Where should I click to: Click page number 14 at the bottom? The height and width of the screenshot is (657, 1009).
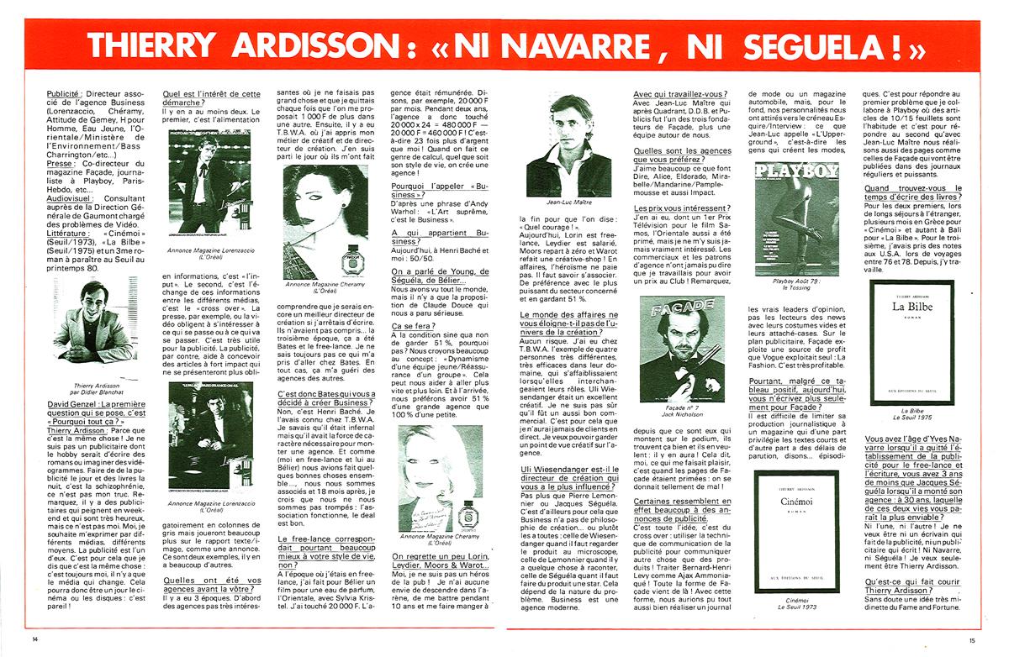(x=34, y=640)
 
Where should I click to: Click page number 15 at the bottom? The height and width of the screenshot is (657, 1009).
(x=972, y=640)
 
